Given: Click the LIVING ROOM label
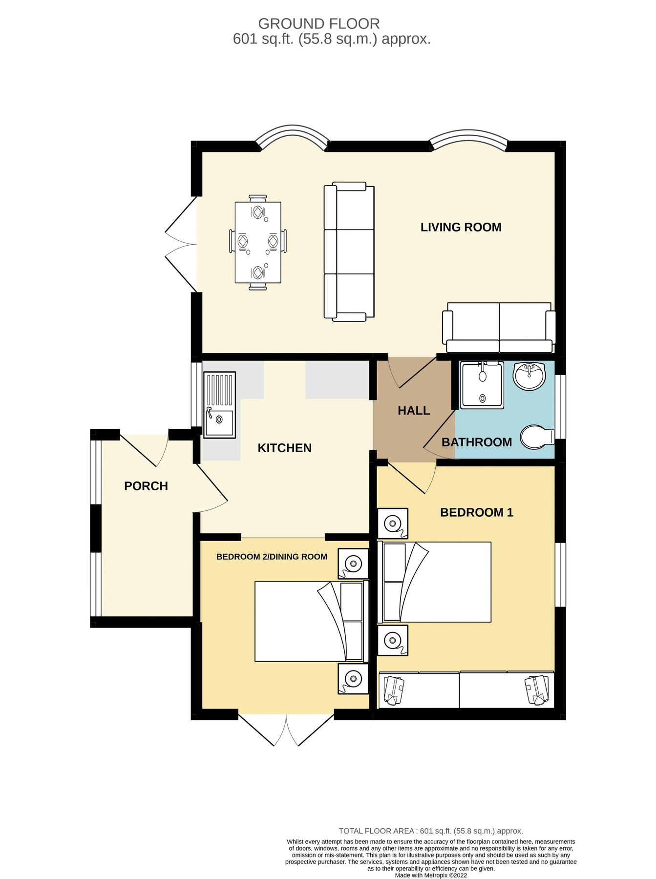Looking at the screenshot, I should coord(461,227).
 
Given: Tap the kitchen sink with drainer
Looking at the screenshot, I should coord(219,404).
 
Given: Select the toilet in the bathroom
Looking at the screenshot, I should coord(536,437).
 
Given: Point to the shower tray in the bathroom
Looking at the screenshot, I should coord(482,385).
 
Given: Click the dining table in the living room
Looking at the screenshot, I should coord(257,242).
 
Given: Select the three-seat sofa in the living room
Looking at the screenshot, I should coord(349,251).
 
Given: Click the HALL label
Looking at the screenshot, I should coord(413,411).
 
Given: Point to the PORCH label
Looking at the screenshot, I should coord(146,486).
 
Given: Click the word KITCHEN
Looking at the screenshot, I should coord(284,448).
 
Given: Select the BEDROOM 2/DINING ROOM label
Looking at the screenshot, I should coord(272,557).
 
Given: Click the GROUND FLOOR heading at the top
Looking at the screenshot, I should coord(318,23).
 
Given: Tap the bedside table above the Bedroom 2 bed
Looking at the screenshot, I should coord(353,564).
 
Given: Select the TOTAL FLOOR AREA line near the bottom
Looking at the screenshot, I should coord(430,831).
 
